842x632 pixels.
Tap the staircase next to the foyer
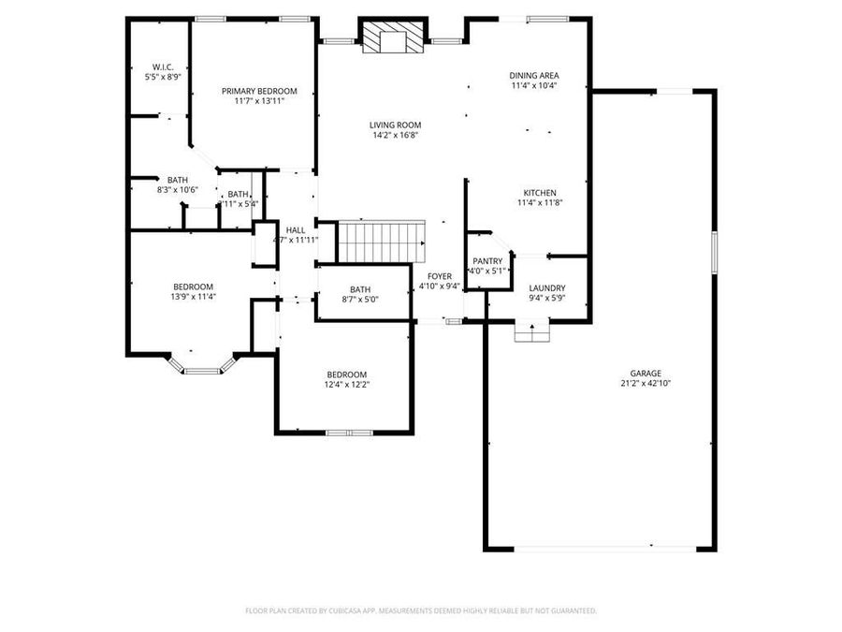pos(381,243)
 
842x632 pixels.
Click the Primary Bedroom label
pos(259,91)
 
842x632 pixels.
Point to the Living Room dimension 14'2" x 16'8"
pos(394,135)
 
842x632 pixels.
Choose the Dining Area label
pos(534,75)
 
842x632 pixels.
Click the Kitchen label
pos(539,192)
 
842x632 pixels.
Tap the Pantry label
pos(487,261)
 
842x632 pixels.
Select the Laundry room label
pos(546,287)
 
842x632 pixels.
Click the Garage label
pos(646,372)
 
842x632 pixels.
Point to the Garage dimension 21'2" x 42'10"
pos(646,383)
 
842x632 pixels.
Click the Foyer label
pos(440,276)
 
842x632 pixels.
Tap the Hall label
pos(296,229)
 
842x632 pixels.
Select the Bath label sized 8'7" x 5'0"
pos(360,289)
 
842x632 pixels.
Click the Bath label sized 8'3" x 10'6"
pos(178,180)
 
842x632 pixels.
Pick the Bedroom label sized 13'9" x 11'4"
pos(193,287)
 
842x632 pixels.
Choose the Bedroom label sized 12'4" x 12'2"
pos(345,374)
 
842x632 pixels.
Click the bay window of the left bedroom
pos(200,369)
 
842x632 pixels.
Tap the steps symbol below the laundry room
pos(531,332)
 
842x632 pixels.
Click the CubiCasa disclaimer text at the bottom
pos(421,610)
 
